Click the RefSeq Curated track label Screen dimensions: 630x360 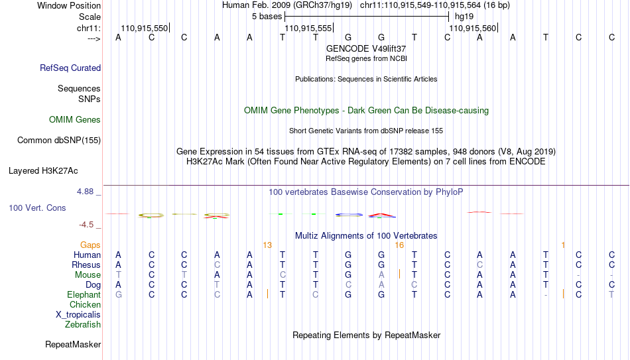pyautogui.click(x=70, y=68)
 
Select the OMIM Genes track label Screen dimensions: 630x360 pyautogui.click(x=75, y=120)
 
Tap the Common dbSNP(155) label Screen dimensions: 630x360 pyautogui.click(x=59, y=141)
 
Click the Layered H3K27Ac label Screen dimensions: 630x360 pyautogui.click(x=43, y=171)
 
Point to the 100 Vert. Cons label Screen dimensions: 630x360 pyautogui.click(x=37, y=208)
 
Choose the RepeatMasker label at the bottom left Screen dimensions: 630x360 pyautogui.click(x=73, y=344)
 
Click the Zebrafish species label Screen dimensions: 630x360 pyautogui.click(x=83, y=324)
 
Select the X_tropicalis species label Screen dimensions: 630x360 pyautogui.click(x=78, y=315)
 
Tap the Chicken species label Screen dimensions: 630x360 pyautogui.click(x=85, y=304)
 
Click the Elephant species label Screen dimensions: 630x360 pyautogui.click(x=84, y=294)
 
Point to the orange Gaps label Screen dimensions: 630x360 pyautogui.click(x=90, y=245)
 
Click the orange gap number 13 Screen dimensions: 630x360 pyautogui.click(x=267, y=245)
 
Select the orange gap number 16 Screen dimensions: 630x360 pyautogui.click(x=399, y=245)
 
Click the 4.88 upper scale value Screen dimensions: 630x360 pyautogui.click(x=85, y=192)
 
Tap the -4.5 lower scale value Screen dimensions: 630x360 pyautogui.click(x=86, y=225)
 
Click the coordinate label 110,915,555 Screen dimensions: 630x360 pyautogui.click(x=308, y=28)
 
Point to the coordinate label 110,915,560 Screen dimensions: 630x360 pyautogui.click(x=472, y=28)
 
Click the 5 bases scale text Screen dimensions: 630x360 pyautogui.click(x=267, y=17)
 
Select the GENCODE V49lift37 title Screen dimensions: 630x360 pyautogui.click(x=366, y=48)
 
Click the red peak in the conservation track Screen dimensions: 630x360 pyautogui.click(x=382, y=215)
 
